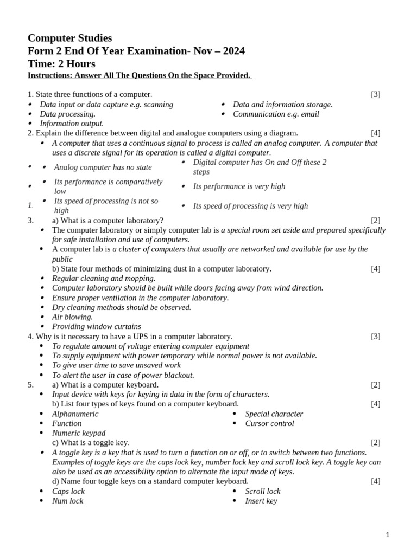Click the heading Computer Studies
click(x=69, y=38)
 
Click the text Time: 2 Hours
click(x=61, y=64)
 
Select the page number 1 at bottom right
click(x=388, y=535)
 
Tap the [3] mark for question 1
click(x=376, y=94)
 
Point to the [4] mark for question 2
click(x=376, y=133)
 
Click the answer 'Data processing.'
click(x=67, y=114)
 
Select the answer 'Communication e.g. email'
click(x=276, y=114)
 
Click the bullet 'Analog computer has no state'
click(x=103, y=167)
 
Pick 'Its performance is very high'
click(x=239, y=186)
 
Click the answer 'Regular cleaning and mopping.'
click(x=103, y=279)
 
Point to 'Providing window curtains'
click(x=96, y=327)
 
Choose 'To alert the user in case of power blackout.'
click(x=123, y=375)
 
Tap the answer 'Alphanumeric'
click(x=75, y=414)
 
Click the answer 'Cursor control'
click(x=269, y=424)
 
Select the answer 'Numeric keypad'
click(x=79, y=433)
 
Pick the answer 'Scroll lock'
click(x=263, y=492)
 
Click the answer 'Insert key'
click(x=261, y=501)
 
